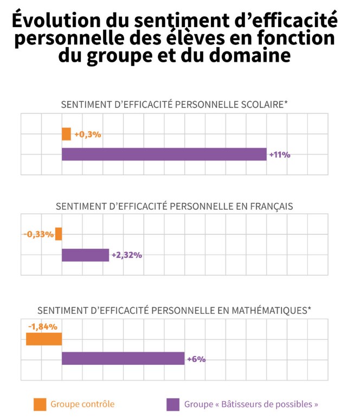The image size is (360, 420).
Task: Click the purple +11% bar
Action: tap(164, 154)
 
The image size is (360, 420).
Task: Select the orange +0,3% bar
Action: tap(66, 134)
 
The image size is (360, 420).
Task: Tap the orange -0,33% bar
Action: tap(59, 234)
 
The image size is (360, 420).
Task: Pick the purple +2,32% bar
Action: tap(85, 255)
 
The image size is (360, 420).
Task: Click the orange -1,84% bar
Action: tap(44, 339)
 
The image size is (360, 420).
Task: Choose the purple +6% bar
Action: tap(123, 358)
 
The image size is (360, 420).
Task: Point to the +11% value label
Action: tap(280, 154)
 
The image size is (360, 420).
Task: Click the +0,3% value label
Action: tap(88, 134)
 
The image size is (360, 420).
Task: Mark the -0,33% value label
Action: tap(38, 234)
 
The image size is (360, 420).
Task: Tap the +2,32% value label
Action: tap(127, 255)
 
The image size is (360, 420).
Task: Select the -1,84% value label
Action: tap(43, 326)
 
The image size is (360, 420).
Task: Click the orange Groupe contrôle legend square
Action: tap(40, 404)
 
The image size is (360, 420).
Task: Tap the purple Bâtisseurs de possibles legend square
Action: tap(173, 404)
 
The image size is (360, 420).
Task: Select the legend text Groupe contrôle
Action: tap(82, 404)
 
